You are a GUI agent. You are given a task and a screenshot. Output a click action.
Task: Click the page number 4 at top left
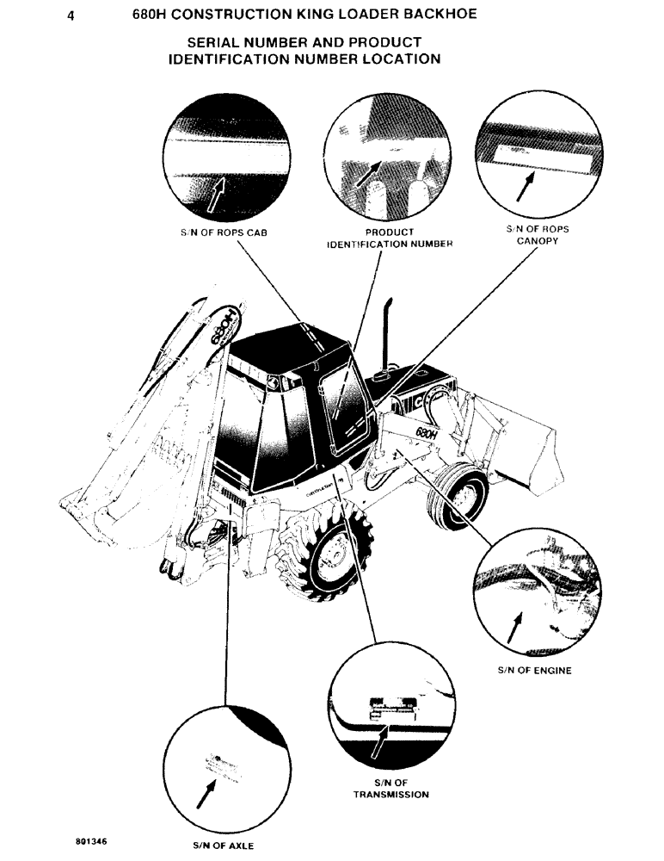point(78,14)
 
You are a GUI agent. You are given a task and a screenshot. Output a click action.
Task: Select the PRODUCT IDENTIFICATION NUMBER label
point(378,238)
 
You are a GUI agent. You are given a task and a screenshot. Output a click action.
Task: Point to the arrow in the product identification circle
point(368,172)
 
